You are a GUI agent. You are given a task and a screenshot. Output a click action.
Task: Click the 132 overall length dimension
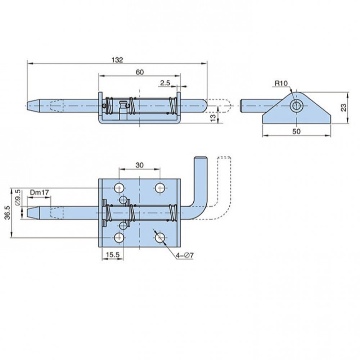[117, 60]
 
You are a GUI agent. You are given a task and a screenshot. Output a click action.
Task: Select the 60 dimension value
[140, 72]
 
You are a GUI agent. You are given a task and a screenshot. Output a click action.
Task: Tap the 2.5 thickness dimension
[165, 83]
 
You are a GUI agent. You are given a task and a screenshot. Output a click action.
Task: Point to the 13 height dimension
[213, 117]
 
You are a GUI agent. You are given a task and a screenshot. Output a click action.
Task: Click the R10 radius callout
[281, 83]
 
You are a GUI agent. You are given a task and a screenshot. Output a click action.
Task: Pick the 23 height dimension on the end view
[343, 108]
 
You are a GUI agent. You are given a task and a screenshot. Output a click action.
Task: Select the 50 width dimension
[296, 131]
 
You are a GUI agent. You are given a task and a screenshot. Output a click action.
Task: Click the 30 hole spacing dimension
[139, 165]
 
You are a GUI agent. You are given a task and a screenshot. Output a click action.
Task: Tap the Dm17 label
[40, 192]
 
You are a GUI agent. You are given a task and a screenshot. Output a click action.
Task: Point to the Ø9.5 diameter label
[18, 197]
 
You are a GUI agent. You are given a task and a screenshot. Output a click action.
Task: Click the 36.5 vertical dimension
[7, 213]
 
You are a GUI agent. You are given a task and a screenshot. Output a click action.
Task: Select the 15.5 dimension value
[113, 255]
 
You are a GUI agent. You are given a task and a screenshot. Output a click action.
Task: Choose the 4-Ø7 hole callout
[185, 255]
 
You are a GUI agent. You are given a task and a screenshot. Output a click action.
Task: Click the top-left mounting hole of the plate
[119, 188]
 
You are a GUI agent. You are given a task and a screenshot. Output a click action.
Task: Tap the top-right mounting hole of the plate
[160, 188]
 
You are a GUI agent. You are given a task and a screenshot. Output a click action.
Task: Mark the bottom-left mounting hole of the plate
[119, 238]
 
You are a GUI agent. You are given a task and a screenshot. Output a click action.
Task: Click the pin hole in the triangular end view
[297, 106]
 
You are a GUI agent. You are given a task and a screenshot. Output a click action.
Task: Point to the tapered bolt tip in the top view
[33, 105]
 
